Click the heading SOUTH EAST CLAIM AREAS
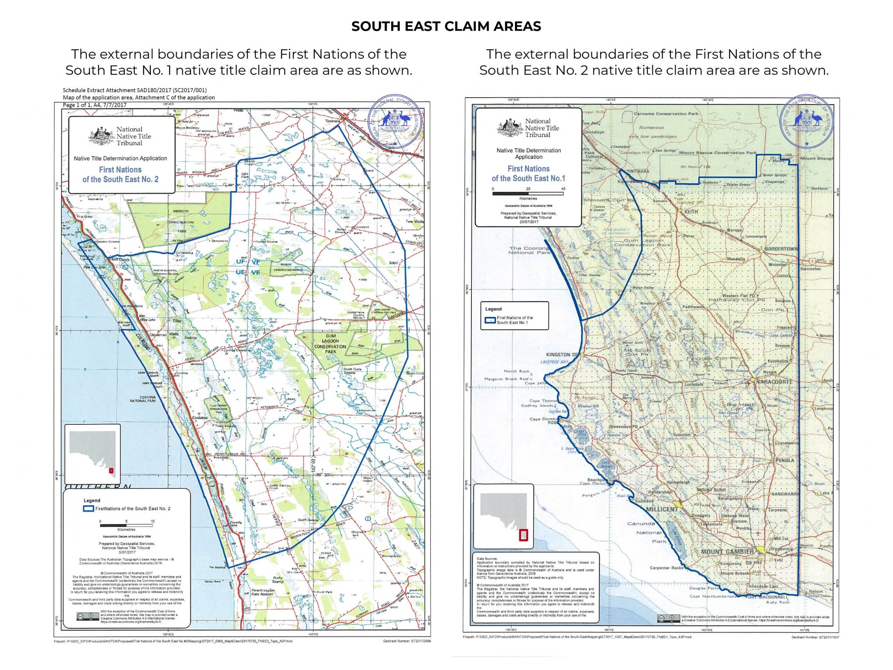[446, 26]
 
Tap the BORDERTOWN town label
[781, 249]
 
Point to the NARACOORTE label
[774, 382]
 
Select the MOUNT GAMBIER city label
[727, 552]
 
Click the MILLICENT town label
[662, 509]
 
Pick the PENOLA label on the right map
[785, 460]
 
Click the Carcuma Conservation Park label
[666, 114]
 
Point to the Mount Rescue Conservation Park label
[718, 153]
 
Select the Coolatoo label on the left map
[200, 417]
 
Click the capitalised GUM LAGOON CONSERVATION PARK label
[330, 343]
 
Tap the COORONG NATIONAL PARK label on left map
[142, 399]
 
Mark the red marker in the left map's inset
[111, 471]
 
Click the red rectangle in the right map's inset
[523, 535]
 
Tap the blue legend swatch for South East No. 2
[88, 509]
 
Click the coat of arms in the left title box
[102, 136]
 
